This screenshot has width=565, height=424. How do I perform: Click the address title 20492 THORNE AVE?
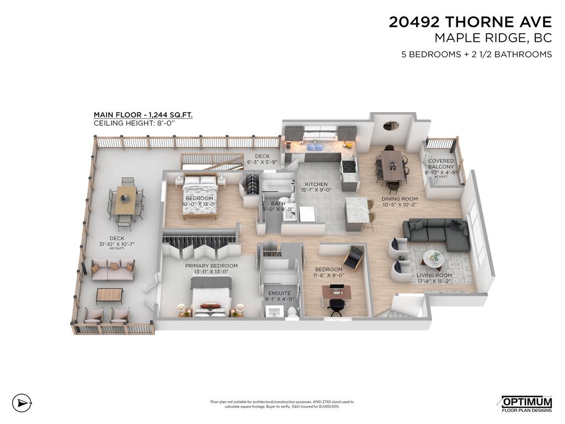(470, 22)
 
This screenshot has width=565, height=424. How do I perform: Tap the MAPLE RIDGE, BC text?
(493, 38)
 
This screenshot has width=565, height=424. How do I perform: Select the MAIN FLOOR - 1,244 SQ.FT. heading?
(143, 115)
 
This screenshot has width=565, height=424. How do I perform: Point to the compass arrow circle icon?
(20, 402)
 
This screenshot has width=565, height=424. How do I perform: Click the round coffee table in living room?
(434, 258)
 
